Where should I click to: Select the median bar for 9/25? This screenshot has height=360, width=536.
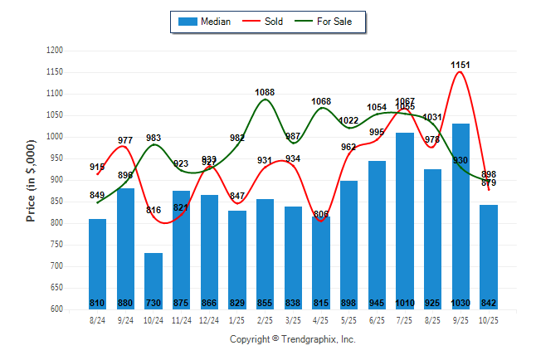[x=460, y=216]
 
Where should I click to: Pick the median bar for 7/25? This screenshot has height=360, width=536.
[x=405, y=221]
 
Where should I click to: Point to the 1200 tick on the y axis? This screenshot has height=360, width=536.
[x=55, y=51]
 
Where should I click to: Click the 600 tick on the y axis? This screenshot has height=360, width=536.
[x=57, y=309]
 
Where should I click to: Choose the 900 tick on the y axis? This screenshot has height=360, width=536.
[x=57, y=180]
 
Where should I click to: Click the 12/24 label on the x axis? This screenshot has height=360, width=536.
[x=209, y=319]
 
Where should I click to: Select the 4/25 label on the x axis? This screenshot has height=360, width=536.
[x=321, y=319]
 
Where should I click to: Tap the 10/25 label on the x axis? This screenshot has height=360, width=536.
[x=489, y=319]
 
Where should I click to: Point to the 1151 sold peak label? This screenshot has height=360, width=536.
[x=461, y=64]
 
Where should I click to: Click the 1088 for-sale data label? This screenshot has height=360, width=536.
[x=266, y=92]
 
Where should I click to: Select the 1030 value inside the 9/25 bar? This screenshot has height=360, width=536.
[x=460, y=303]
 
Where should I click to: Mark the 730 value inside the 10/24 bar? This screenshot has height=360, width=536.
[x=153, y=303]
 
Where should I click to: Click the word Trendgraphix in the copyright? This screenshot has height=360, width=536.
[x=308, y=339]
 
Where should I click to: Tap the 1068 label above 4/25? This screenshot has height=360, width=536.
[x=321, y=101]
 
